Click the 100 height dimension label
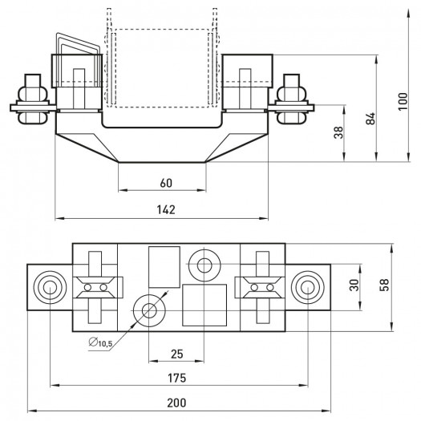point(403,101)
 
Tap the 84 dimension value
point(370,119)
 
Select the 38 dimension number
point(338,132)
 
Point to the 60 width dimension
point(166,183)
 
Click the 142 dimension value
point(166,209)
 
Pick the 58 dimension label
point(384,285)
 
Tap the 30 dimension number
point(354,285)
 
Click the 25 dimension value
point(177,354)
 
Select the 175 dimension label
point(176,378)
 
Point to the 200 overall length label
point(176,403)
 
